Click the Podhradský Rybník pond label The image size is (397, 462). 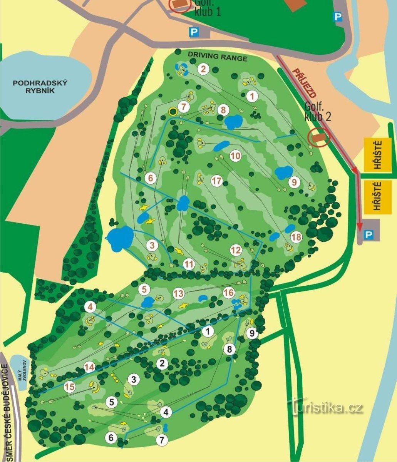40,87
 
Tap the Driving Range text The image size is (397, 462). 218,57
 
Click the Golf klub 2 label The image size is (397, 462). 318,112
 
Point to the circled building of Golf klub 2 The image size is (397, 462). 318,137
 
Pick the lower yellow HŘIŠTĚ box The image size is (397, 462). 377,196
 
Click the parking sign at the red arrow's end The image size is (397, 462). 369,234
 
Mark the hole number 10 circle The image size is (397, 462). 236,156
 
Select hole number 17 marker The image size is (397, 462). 217,180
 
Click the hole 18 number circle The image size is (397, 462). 296,237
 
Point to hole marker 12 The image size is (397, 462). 236,250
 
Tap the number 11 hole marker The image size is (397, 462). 189,264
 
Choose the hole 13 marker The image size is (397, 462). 178,294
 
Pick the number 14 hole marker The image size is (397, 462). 89,367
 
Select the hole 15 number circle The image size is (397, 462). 70,387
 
